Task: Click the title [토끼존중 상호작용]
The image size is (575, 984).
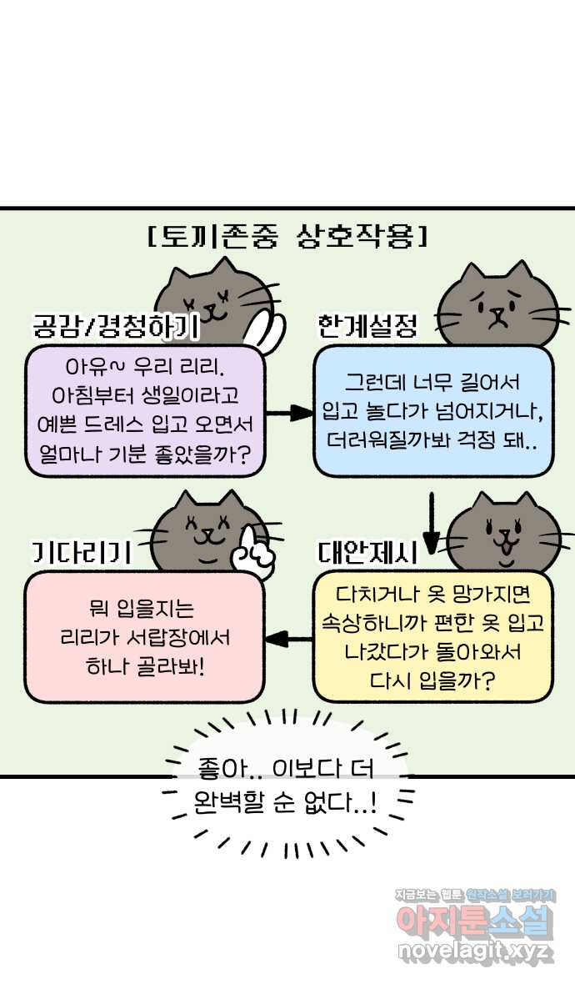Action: click(288, 237)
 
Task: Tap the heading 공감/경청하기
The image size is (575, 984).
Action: click(116, 326)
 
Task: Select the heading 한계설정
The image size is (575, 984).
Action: click(367, 325)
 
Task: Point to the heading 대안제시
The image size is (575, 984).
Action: click(368, 551)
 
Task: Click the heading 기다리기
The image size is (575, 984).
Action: click(82, 552)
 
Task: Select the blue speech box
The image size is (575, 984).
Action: click(432, 410)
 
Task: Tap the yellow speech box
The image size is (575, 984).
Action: click(432, 636)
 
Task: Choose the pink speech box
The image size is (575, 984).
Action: click(145, 636)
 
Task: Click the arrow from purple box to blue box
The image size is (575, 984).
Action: click(289, 413)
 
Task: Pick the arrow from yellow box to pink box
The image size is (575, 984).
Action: click(289, 640)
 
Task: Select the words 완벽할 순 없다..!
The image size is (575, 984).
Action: click(285, 801)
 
